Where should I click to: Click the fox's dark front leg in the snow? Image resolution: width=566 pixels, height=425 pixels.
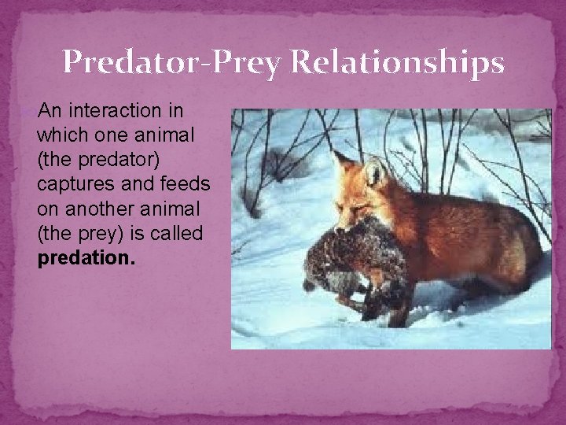401,303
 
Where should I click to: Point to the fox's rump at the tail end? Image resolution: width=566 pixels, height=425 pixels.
527,252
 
